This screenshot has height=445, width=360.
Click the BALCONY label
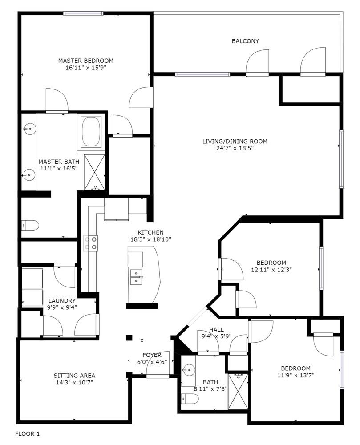point(245,41)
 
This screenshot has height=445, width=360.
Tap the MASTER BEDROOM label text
point(86,61)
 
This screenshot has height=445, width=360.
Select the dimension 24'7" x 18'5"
point(235,148)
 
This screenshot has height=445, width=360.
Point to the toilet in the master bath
point(30,225)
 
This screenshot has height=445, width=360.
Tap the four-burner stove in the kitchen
point(91,243)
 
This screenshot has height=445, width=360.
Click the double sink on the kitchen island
point(136,277)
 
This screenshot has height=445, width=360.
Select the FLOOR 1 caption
point(27,433)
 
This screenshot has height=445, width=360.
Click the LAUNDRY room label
point(62,301)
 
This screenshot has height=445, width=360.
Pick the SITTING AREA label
point(74,376)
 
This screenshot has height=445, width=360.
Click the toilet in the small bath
point(190,398)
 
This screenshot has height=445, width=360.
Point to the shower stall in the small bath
point(239,391)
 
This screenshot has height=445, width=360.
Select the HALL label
point(216,329)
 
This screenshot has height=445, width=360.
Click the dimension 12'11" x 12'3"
point(271,270)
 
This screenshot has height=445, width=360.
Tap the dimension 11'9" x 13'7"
point(295,375)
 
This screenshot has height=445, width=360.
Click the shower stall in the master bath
point(95,172)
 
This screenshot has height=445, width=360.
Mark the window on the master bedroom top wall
point(83,13)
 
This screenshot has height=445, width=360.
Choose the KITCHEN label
point(151,232)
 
